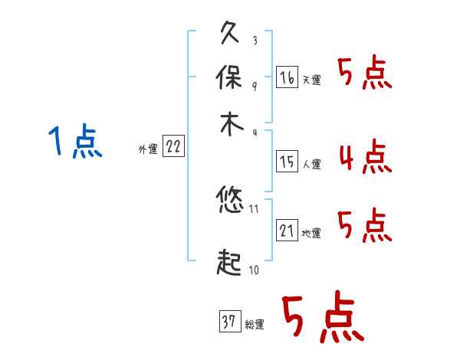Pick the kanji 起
pos(231,263)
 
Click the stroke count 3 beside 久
pos(255,40)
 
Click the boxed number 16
pos(287,77)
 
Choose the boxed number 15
pos(287,161)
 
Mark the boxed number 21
pos(287,231)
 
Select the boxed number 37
pos(229,322)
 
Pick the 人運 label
pos(311,164)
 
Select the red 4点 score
pos(365,157)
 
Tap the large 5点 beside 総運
pos(323,320)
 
